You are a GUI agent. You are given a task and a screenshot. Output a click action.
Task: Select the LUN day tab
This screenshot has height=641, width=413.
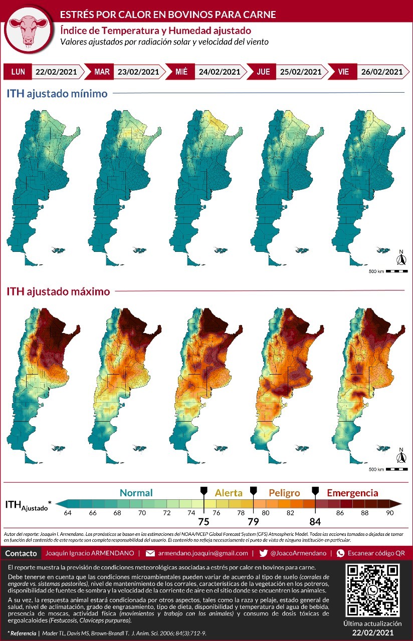coord(18,72)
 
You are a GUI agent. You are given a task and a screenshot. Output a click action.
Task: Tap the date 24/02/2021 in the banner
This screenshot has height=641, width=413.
coord(219,72)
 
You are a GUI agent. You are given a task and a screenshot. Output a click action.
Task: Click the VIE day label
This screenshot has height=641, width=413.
coord(343,72)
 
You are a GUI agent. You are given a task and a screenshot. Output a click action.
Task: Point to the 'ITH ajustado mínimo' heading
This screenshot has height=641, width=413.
coord(57,93)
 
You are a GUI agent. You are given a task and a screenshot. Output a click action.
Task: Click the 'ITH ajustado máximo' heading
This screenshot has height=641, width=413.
coord(57,291)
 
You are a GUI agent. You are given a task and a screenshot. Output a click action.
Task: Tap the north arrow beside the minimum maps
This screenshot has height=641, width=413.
coord(400,258)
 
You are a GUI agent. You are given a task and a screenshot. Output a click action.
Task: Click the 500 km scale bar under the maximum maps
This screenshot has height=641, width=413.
coord(396,469)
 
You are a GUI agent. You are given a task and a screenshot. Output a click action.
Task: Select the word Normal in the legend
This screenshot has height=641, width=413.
coord(136,493)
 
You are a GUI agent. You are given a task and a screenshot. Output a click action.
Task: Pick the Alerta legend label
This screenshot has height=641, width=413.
coord(229,493)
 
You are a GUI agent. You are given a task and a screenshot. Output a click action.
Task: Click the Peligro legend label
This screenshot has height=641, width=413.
coord(284,493)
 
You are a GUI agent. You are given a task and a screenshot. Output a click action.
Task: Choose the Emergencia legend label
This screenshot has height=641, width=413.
coord(352,493)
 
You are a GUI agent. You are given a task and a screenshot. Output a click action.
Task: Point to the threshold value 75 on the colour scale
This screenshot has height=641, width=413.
coord(203,521)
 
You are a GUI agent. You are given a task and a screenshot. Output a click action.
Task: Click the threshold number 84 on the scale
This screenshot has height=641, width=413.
coord(315,521)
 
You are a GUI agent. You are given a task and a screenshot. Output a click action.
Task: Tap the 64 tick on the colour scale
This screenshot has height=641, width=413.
coord(68,513)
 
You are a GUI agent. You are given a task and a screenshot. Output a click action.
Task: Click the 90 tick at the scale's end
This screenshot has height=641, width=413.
coord(389,513)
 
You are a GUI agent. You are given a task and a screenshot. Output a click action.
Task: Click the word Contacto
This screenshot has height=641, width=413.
coord(21,553)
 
